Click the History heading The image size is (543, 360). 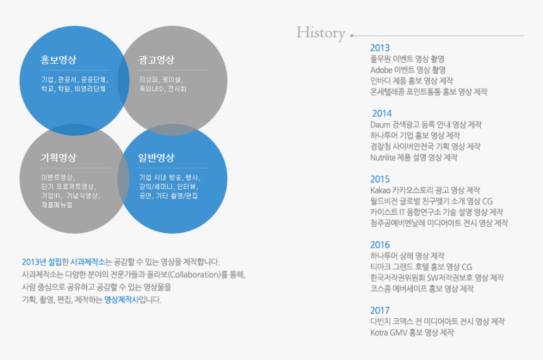(321, 33)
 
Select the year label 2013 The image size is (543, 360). (380, 48)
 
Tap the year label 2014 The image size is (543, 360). (382, 114)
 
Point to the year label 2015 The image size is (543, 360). (380, 179)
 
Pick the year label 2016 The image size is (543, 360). (380, 245)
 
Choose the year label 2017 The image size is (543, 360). (380, 311)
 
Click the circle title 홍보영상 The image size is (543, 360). (59, 60)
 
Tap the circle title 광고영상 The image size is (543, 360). (156, 60)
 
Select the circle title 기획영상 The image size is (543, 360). (59, 157)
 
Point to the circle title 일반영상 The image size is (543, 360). (156, 157)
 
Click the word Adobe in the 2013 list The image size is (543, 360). (381, 70)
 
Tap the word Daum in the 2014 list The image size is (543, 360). (380, 124)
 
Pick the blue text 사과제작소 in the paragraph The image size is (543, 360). (88, 261)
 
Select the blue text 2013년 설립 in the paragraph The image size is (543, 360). (42, 261)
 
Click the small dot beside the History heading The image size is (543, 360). (352, 35)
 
